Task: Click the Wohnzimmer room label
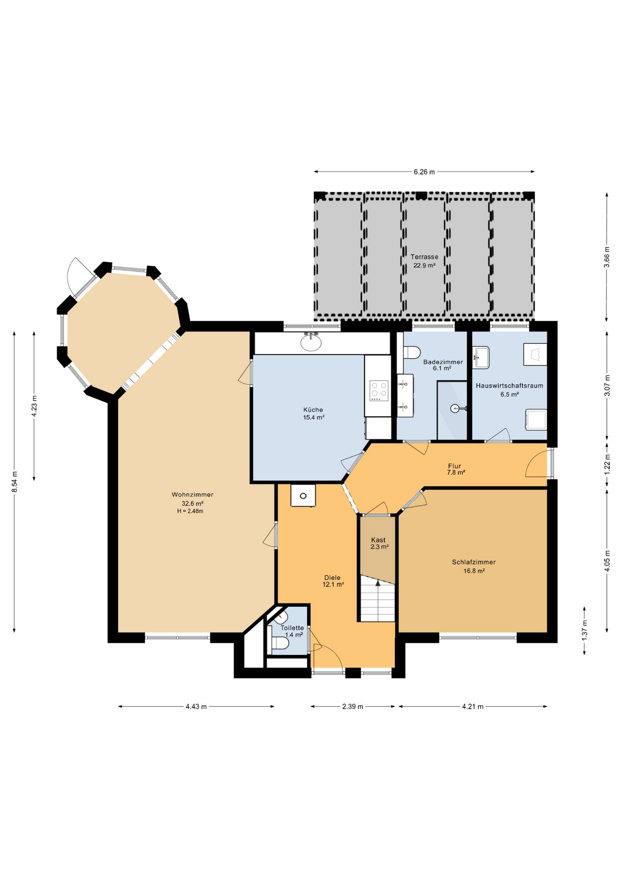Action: pos(193,494)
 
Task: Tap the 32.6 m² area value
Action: pos(193,503)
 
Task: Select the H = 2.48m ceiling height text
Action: pos(190,511)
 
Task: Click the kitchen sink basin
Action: pos(311,343)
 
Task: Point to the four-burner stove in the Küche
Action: pos(379,391)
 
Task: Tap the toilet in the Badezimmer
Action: pos(412,353)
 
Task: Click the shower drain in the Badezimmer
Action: pos(454,408)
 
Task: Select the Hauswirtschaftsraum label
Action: pos(509,385)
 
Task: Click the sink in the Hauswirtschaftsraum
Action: pos(481,357)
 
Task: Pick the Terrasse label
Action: pos(424,257)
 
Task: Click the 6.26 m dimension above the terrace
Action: pos(424,172)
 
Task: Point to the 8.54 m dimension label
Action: pos(15,482)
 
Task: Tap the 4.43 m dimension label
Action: pos(196,707)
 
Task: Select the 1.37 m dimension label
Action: pos(584,630)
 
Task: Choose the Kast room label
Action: pos(378,540)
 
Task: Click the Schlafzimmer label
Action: pos(474,562)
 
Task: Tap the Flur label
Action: pos(455,466)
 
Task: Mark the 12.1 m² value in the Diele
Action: pos(333,584)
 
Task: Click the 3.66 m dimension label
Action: pos(607,257)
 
